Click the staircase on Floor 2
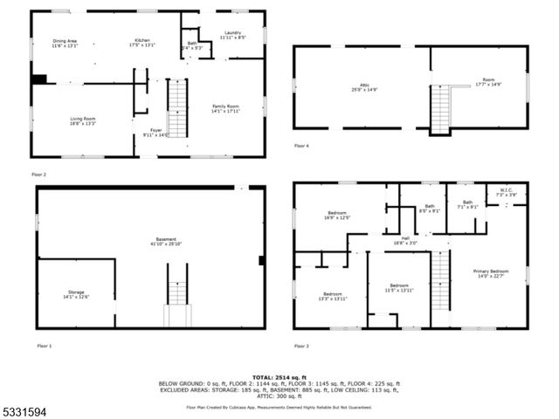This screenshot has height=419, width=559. pos(177,108)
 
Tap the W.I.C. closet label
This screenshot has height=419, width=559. pos(507,192)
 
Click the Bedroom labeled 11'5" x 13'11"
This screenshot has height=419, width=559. pos(399,289)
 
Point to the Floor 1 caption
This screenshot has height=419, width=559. pos(45,347)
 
